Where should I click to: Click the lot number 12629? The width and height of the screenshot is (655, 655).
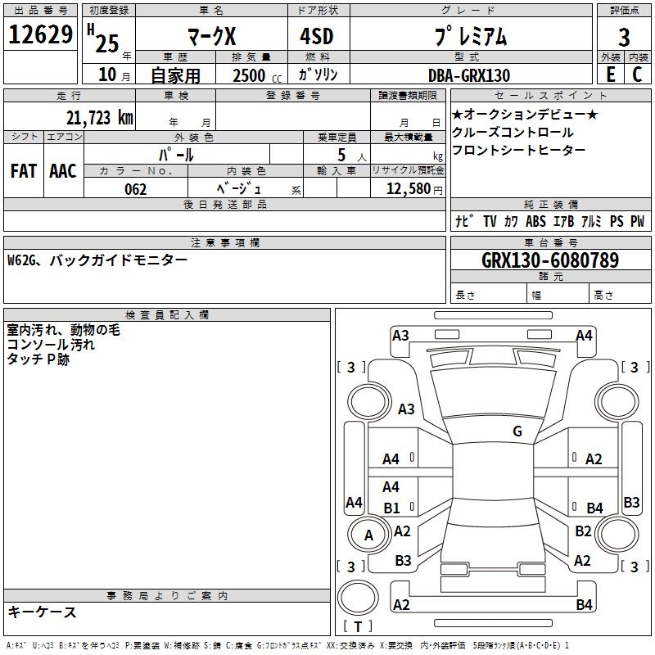coord(40,34)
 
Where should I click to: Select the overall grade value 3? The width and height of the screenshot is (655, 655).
coord(624,37)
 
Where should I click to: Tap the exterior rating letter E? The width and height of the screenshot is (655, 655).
coord(610,75)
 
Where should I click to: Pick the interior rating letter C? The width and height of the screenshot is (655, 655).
coord(637,75)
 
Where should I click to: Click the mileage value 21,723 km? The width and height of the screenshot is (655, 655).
coord(99,118)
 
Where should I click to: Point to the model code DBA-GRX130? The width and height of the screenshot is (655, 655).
coord(469,75)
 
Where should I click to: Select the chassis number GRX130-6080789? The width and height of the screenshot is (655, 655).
coord(549,260)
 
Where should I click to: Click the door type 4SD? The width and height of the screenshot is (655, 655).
coord(317,36)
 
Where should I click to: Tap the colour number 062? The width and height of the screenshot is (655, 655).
coord(135,189)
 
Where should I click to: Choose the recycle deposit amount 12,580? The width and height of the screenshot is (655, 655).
coord(408,189)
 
